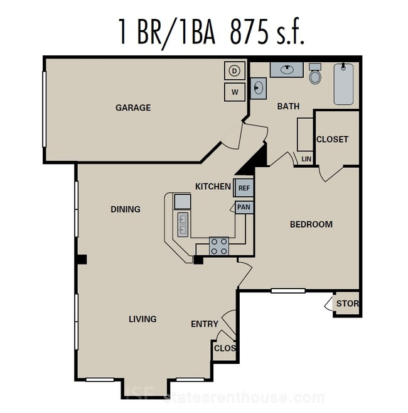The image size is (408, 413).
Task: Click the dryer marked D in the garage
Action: click(x=235, y=70)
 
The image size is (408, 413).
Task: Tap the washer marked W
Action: click(x=235, y=92)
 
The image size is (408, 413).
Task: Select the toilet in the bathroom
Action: click(x=315, y=74)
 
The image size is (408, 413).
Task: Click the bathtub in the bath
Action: click(x=343, y=84)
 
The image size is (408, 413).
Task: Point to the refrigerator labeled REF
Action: click(x=244, y=188)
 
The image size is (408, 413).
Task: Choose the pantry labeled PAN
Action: click(x=244, y=207)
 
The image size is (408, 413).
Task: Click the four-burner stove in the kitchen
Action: click(x=219, y=246)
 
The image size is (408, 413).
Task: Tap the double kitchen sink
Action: click(x=183, y=224)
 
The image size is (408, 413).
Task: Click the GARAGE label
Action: click(x=133, y=107)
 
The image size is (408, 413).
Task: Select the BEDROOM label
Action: click(x=311, y=224)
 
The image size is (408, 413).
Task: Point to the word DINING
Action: click(x=126, y=209)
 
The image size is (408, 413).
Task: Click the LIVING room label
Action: click(x=142, y=319)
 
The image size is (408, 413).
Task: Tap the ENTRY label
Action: click(x=205, y=324)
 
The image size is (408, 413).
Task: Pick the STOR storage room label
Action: click(x=348, y=304)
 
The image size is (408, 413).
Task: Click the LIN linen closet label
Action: click(x=306, y=159)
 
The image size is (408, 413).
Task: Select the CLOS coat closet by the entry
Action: click(x=225, y=348)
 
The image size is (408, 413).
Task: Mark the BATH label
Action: click(x=288, y=106)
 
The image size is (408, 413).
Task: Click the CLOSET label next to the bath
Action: click(x=332, y=139)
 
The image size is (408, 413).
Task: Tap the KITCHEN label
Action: click(x=213, y=187)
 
